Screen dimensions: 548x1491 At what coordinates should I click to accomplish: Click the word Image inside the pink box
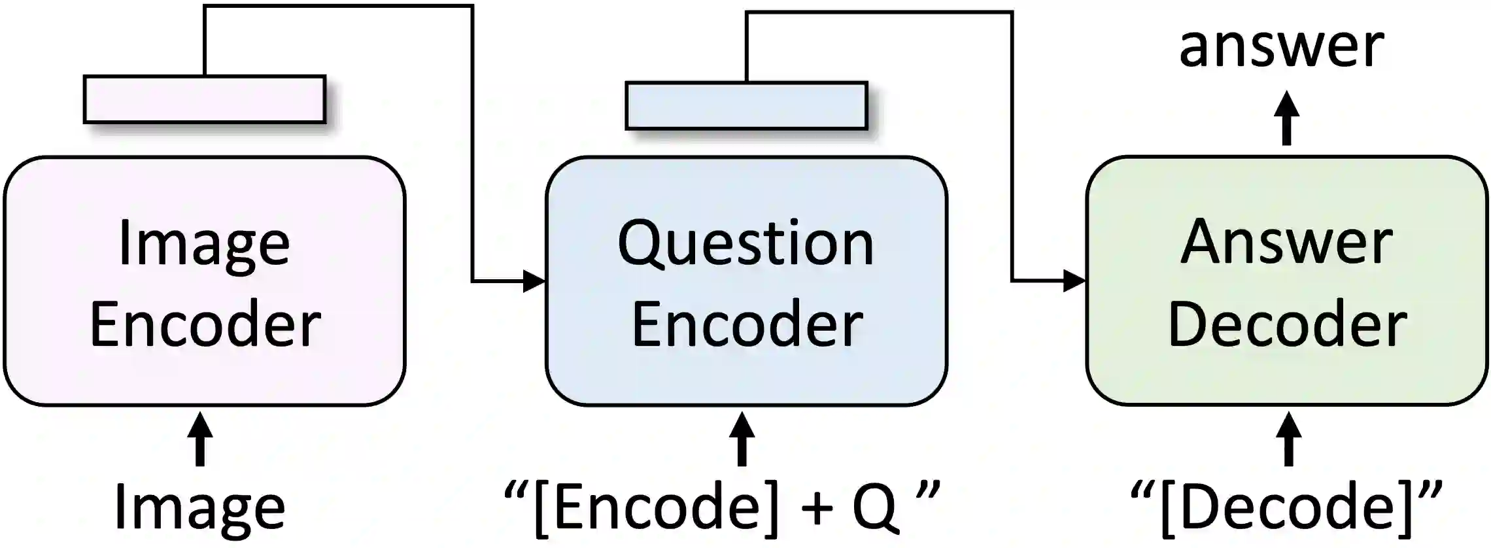pyautogui.click(x=204, y=244)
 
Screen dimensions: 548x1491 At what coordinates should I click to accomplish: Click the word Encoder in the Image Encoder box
pyautogui.click(x=205, y=324)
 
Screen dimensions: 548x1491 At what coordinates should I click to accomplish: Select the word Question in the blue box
pyautogui.click(x=745, y=244)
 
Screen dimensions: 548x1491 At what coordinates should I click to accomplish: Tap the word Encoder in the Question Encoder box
pyautogui.click(x=747, y=324)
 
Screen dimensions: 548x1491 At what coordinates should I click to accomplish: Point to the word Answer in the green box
pyautogui.click(x=1286, y=243)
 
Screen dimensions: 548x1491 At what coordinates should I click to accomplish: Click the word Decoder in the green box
pyautogui.click(x=1287, y=324)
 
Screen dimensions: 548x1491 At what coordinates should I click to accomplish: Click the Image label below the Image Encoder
pyautogui.click(x=199, y=508)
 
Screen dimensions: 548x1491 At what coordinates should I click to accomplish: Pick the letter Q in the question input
pyautogui.click(x=874, y=507)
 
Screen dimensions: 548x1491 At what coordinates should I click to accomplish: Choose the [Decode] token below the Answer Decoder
pyautogui.click(x=1286, y=507)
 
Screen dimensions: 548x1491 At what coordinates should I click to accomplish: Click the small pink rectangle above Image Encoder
pyautogui.click(x=205, y=99)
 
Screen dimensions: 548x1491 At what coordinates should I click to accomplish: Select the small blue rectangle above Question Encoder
pyautogui.click(x=746, y=106)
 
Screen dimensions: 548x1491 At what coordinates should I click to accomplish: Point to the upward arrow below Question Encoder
pyautogui.click(x=742, y=439)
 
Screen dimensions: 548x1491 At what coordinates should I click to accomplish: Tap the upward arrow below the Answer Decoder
pyautogui.click(x=1288, y=439)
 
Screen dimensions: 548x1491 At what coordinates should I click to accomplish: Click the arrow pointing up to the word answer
pyautogui.click(x=1287, y=118)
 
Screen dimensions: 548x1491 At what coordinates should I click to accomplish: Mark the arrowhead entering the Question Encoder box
pyautogui.click(x=534, y=282)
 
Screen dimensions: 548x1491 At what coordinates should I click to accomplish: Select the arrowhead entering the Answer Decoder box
pyautogui.click(x=1074, y=281)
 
